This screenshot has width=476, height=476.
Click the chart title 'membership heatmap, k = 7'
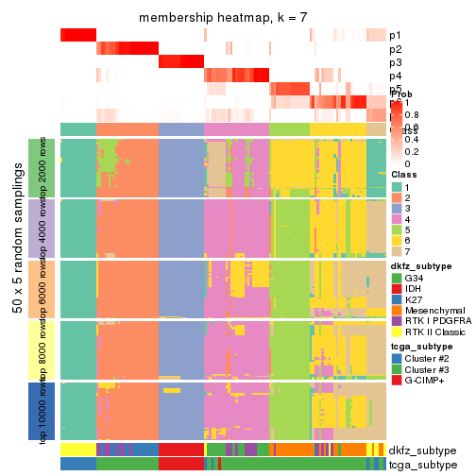coord(223,18)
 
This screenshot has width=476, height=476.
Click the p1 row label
coord(395,35)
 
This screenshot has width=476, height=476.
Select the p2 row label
coord(395,49)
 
